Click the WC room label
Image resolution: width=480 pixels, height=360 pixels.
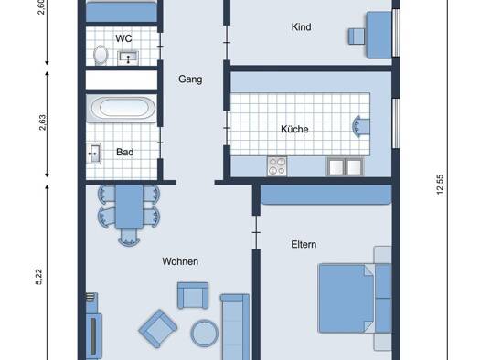tap(123, 38)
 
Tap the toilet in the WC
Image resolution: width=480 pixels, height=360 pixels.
tap(101, 55)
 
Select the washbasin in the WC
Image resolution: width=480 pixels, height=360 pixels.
tap(128, 58)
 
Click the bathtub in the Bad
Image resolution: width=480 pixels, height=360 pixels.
tap(122, 109)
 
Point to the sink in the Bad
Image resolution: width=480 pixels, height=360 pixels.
tap(93, 154)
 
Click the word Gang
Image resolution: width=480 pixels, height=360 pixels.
tap(190, 79)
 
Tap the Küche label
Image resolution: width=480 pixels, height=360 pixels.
tap(294, 129)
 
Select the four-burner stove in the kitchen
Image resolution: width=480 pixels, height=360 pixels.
tap(277, 166)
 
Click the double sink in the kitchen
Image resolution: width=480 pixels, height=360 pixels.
tap(345, 166)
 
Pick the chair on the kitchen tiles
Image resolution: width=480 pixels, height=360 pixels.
tap(361, 126)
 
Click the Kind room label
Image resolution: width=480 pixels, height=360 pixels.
tap(301, 26)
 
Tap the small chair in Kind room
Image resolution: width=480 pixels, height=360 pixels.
tap(357, 37)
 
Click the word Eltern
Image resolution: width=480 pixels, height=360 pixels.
tap(304, 244)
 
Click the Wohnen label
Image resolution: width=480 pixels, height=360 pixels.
tap(180, 261)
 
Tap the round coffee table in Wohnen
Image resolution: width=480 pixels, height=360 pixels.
tap(205, 334)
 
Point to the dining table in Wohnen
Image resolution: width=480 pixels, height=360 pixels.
tap(129, 206)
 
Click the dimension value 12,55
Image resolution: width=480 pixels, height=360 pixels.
tap(440, 185)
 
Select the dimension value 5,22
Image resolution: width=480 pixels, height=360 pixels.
tap(39, 277)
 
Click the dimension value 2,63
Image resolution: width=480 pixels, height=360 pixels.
tap(43, 122)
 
